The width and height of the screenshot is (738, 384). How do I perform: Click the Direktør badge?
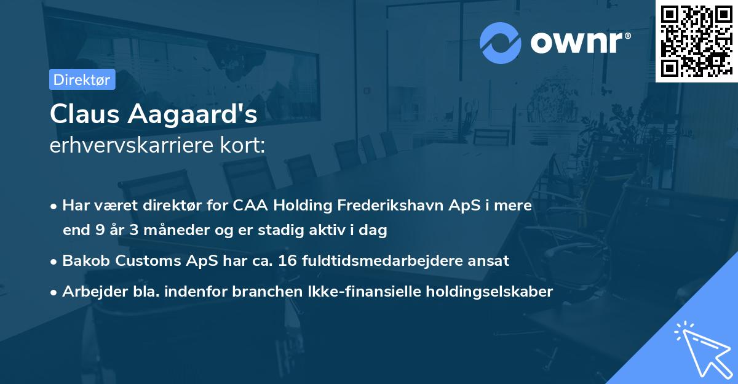(82, 79)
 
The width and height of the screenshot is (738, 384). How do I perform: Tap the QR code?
(696, 41)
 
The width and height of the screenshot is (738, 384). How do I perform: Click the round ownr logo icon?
(501, 42)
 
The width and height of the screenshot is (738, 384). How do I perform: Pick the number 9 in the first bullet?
(100, 231)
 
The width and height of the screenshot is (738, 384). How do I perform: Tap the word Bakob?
(84, 261)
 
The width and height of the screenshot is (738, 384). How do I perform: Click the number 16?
(286, 261)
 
